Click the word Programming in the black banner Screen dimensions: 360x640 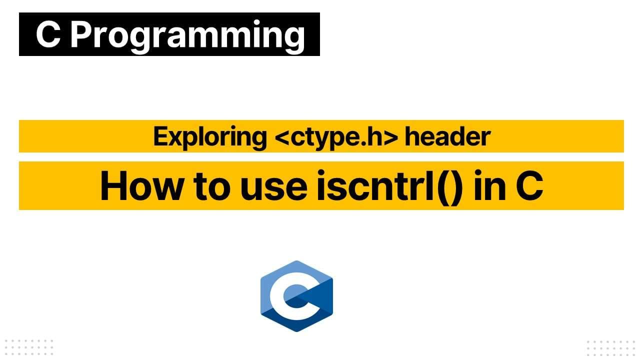click(187, 35)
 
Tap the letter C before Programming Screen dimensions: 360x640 click(48, 34)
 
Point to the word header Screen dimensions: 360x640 click(447, 136)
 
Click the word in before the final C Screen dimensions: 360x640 click(487, 186)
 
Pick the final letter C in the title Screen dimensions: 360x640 click(529, 186)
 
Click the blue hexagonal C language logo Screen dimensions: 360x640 click(296, 296)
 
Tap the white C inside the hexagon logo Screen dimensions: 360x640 click(285, 296)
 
